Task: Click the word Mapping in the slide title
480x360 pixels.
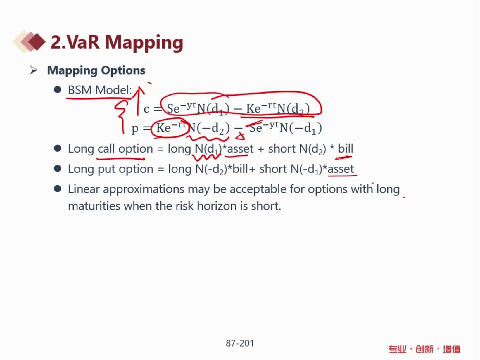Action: [x=144, y=43]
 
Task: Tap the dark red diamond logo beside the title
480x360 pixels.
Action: [x=37, y=41]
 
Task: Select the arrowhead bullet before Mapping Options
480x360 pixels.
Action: [x=34, y=70]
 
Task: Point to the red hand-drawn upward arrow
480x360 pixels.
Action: [x=138, y=101]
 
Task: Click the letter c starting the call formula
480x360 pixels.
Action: [x=146, y=109]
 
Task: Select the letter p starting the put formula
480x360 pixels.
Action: [x=135, y=129]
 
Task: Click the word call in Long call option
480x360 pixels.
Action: [x=106, y=149]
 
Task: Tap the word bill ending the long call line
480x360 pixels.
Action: [x=346, y=149]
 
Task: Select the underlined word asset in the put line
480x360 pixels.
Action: [x=341, y=169]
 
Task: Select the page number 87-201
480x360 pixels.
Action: [x=240, y=343]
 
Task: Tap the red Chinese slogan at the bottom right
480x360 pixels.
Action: [x=424, y=349]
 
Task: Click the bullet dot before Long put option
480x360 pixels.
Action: [x=58, y=169]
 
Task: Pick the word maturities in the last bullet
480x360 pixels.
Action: [x=94, y=206]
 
